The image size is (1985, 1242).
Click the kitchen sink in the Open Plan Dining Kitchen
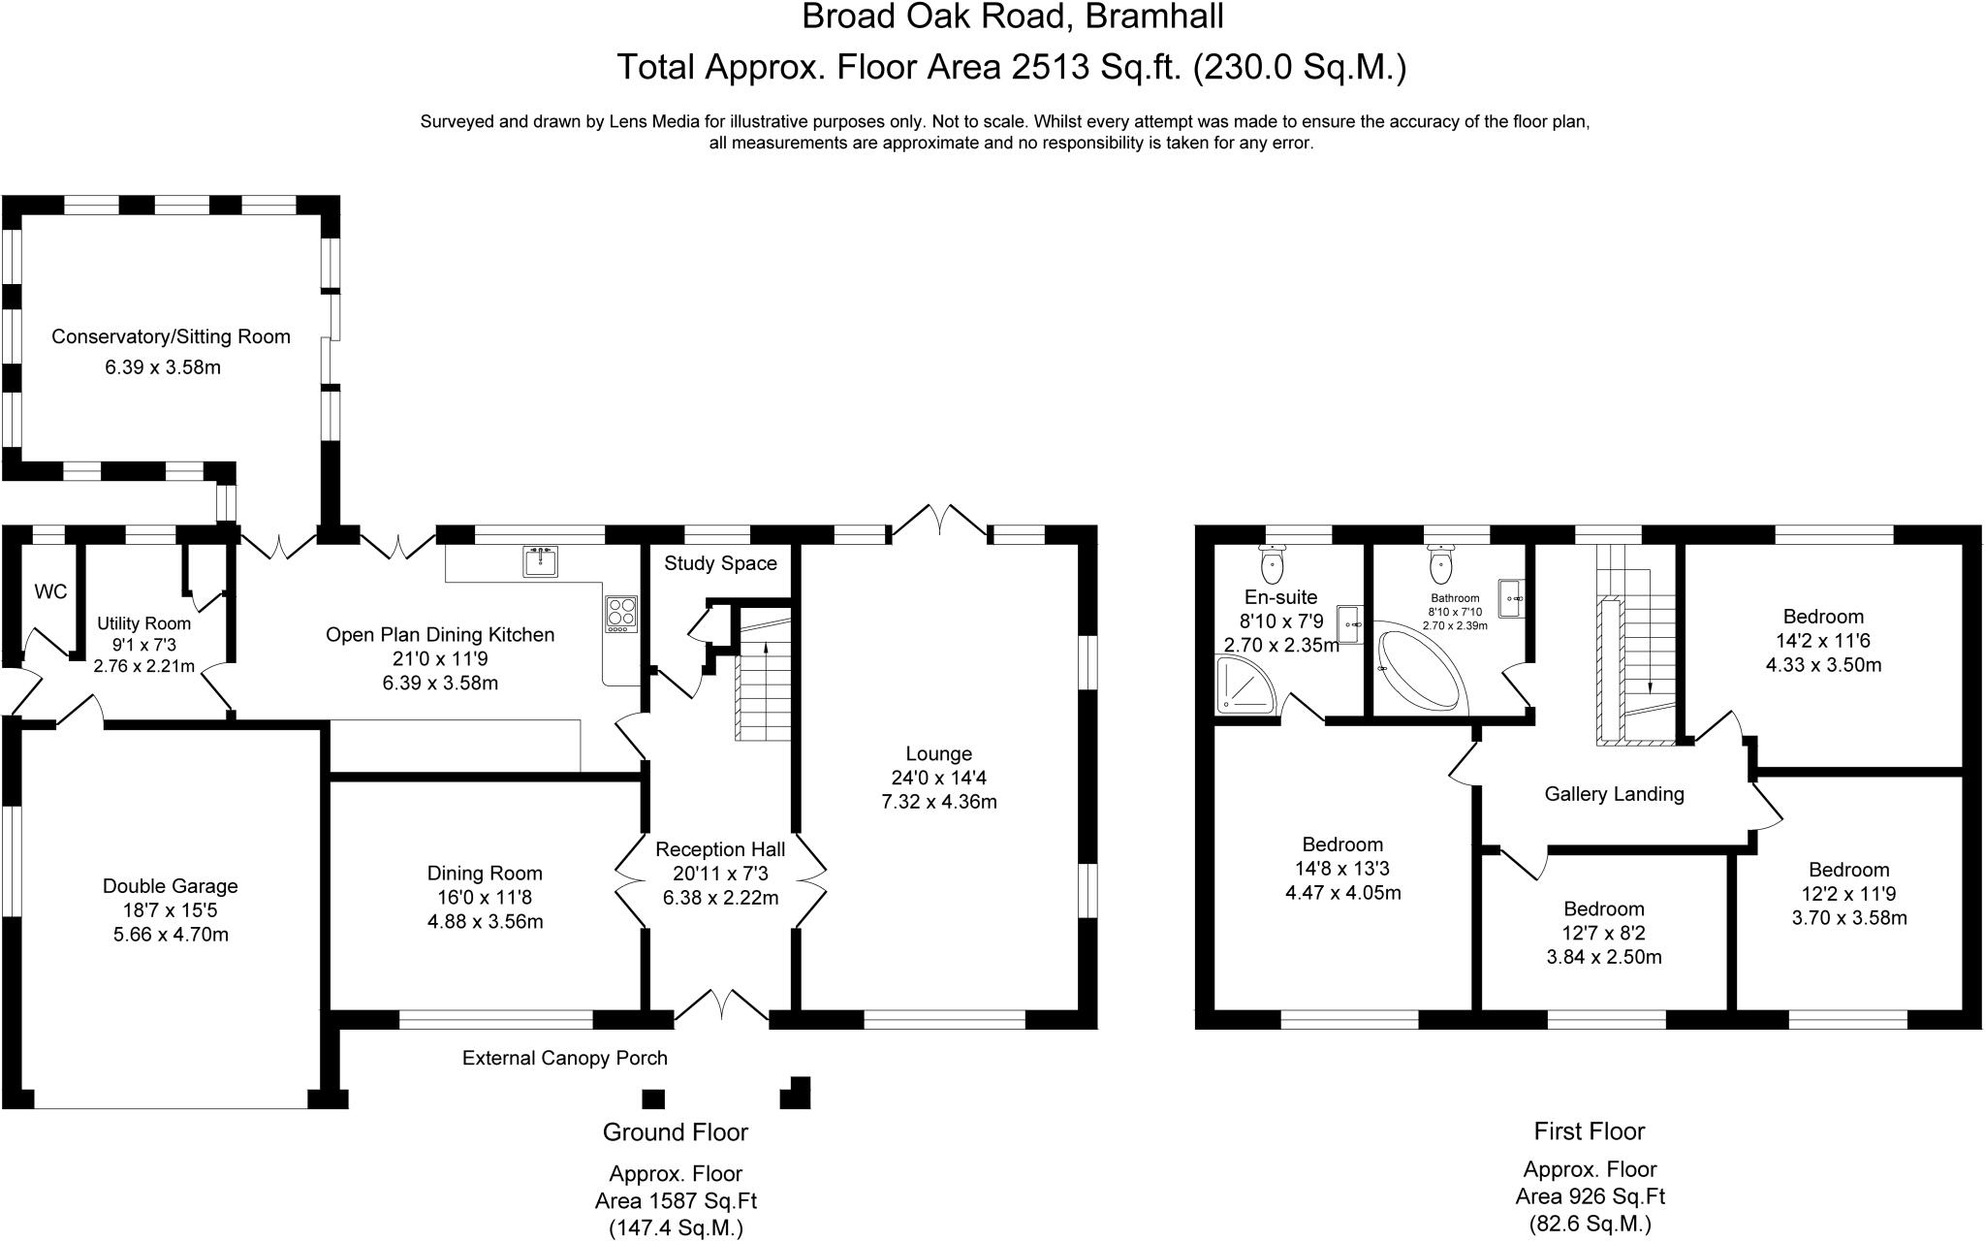[540, 561]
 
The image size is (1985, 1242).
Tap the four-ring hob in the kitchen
[621, 613]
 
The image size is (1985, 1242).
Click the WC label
[50, 591]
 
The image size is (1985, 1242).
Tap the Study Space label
[720, 563]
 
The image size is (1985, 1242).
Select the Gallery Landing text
[1614, 794]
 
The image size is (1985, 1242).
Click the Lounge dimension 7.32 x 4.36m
[938, 802]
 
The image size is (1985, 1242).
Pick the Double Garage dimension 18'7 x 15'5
[171, 910]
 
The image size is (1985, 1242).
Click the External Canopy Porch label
[564, 1058]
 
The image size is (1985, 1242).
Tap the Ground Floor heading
[676, 1131]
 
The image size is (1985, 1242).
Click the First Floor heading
[1590, 1131]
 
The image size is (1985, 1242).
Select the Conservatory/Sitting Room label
[171, 336]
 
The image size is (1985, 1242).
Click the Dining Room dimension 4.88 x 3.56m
[485, 921]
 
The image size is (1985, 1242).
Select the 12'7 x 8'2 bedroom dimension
[1604, 933]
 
